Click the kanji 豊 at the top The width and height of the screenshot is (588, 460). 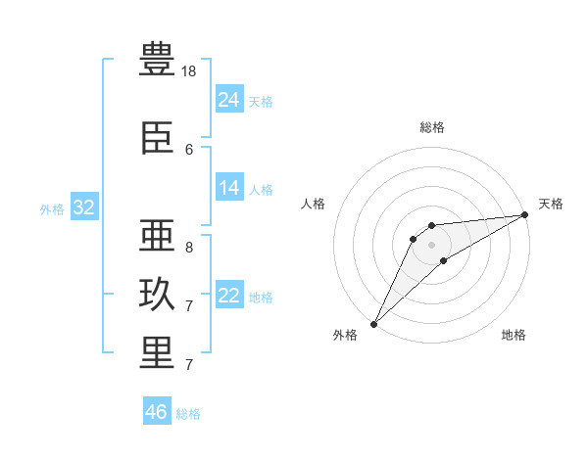[157, 59]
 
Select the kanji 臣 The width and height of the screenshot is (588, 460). [157, 138]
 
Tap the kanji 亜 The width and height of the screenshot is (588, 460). [157, 235]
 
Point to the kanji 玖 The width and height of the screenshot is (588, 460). [157, 294]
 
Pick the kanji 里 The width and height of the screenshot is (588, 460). [157, 353]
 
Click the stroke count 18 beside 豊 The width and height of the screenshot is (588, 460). [188, 71]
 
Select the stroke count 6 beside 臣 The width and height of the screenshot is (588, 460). [189, 150]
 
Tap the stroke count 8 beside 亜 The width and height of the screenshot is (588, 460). [189, 248]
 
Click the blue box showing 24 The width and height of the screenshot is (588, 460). [229, 99]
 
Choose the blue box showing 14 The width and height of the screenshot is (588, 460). [229, 187]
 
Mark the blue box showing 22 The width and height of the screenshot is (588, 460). [229, 294]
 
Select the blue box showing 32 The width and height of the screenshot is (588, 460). [84, 207]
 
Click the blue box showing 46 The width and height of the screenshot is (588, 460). [157, 410]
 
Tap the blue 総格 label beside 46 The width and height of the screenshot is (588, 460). [188, 414]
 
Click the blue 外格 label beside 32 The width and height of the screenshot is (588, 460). [52, 209]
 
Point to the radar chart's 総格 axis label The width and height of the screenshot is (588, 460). [432, 127]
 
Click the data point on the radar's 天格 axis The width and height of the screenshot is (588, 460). [525, 214]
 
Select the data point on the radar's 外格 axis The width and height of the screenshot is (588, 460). [373, 324]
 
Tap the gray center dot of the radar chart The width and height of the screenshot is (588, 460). [431, 245]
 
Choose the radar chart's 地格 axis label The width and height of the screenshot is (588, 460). [514, 335]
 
